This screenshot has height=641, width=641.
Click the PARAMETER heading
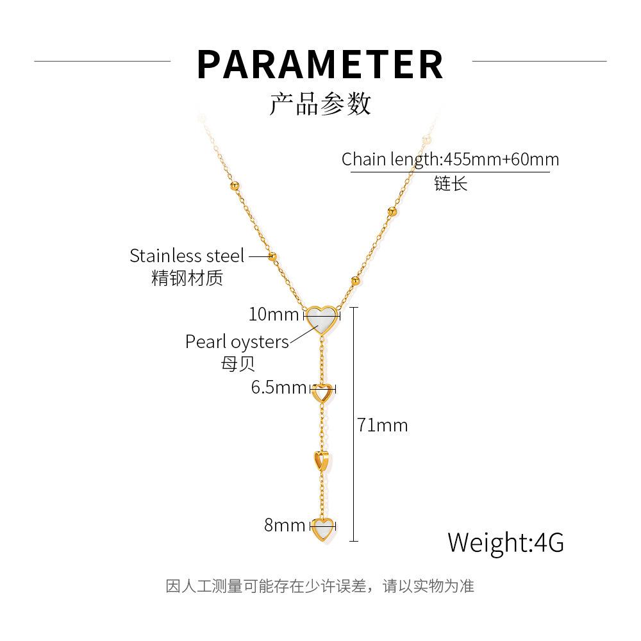coord(320,64)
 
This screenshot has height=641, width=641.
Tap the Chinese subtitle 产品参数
coord(320,104)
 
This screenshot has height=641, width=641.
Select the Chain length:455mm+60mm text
coord(450,159)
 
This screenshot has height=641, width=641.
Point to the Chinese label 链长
coord(451,183)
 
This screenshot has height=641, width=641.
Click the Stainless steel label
coord(187,256)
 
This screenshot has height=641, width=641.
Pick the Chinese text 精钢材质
coord(187,278)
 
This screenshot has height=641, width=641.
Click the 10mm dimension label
coord(274,314)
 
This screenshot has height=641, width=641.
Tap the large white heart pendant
coord(322,319)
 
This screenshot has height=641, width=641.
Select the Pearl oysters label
coord(237,342)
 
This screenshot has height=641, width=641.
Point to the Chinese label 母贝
coord(238,363)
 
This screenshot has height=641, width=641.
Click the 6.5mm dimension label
coord(279,387)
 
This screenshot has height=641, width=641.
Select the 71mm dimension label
coord(382,425)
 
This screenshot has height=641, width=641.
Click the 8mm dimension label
coord(285,525)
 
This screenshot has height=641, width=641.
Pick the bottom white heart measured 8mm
coord(323,529)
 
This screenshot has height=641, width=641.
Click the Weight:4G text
coord(506,542)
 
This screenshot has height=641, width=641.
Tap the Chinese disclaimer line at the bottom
coord(320,586)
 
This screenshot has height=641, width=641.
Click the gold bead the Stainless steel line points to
coord(272,257)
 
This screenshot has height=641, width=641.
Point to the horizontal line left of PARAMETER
coord(102,62)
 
